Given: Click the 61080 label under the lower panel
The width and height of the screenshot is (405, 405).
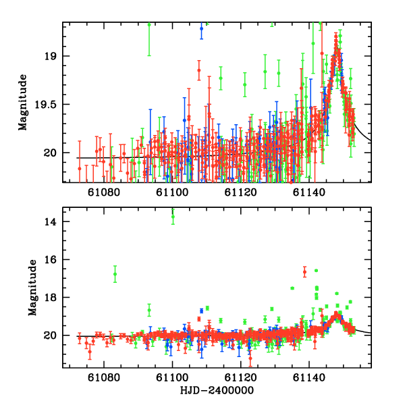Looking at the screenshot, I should [x=104, y=379].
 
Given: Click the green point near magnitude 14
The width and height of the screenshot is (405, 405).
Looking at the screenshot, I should [x=173, y=216].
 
